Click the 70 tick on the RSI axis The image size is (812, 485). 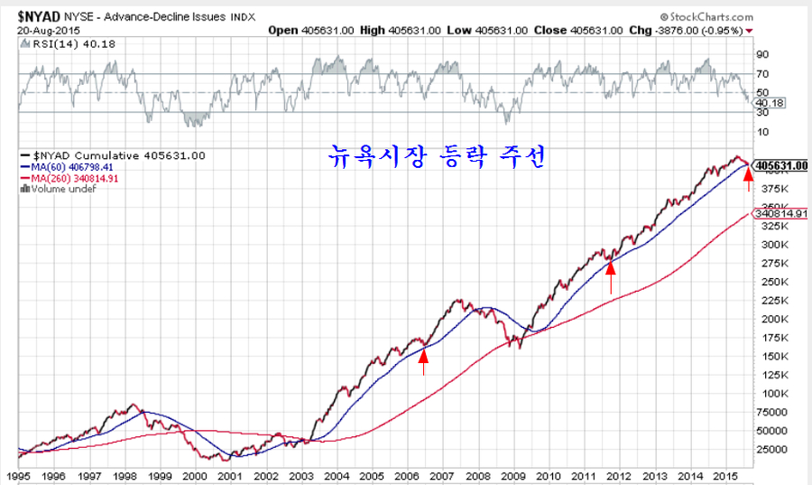[x=761, y=74]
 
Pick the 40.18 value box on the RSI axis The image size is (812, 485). [x=768, y=103]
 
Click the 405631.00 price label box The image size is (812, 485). [x=781, y=166]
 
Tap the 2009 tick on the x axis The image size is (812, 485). [x=512, y=475]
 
